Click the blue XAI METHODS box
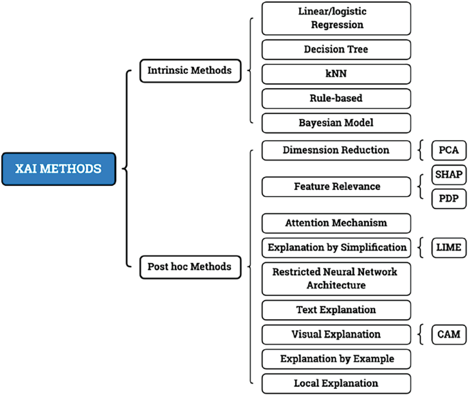click(59, 168)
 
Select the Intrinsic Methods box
click(190, 70)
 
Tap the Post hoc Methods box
click(190, 267)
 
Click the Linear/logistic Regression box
click(336, 18)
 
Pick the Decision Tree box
click(336, 49)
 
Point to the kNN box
click(336, 74)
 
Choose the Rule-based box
click(336, 98)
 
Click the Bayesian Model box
click(336, 123)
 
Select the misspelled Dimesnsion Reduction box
click(336, 150)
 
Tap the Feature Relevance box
click(336, 186)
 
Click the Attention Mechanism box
click(336, 223)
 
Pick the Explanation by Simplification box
click(336, 247)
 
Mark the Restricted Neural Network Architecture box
click(336, 278)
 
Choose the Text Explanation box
click(336, 310)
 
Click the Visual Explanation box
click(336, 334)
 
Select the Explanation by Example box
click(336, 359)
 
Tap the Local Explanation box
click(336, 383)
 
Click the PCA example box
click(449, 150)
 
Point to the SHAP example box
click(449, 175)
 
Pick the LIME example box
click(449, 247)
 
